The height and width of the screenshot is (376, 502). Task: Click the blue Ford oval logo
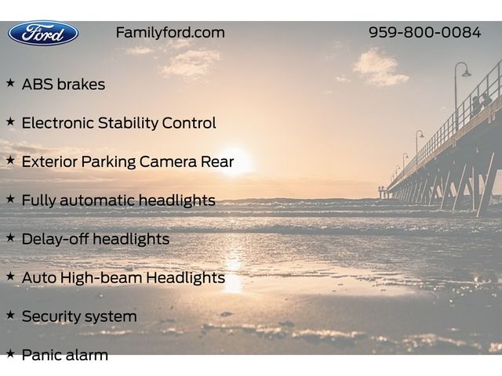tap(43, 33)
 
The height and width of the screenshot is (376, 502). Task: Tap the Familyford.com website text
tap(170, 33)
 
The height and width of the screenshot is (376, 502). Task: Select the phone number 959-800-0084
tap(425, 32)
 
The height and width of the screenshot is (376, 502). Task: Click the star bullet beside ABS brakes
tap(10, 83)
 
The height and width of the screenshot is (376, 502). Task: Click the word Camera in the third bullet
tap(168, 162)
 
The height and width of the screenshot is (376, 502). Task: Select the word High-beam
tap(101, 277)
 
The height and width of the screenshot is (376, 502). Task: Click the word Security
tap(49, 316)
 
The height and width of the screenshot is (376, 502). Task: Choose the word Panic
tap(40, 355)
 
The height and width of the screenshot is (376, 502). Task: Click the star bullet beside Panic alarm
tap(10, 353)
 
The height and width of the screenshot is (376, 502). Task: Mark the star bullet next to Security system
tap(10, 315)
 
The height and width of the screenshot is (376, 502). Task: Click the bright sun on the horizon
tap(235, 162)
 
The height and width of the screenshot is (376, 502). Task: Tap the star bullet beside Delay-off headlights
tap(10, 237)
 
